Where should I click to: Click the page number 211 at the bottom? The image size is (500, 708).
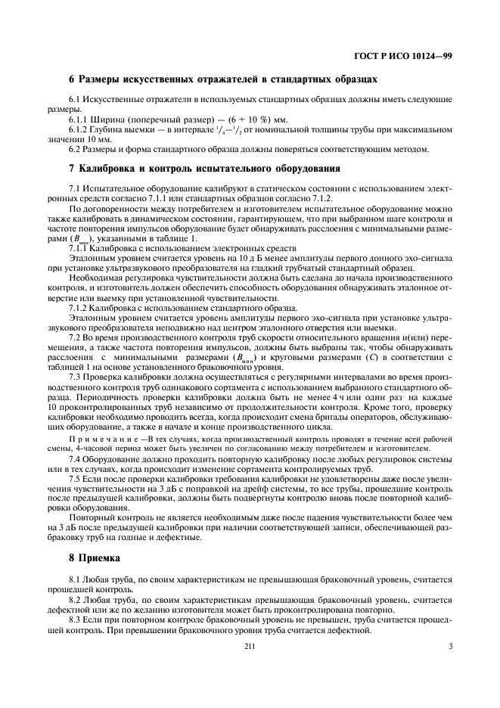(x=250, y=646)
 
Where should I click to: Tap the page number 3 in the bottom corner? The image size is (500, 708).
(x=450, y=646)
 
